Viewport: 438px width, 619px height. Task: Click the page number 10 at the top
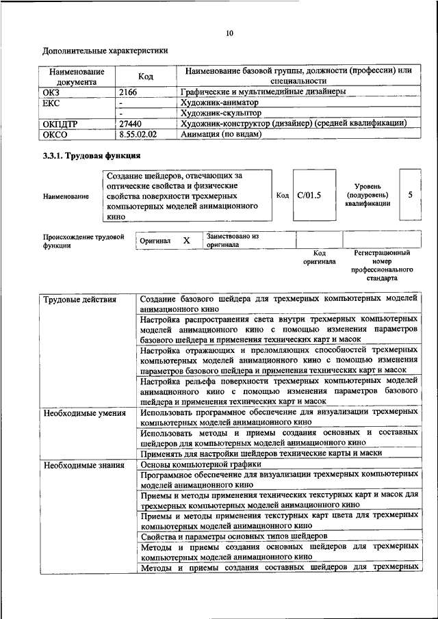pyautogui.click(x=229, y=34)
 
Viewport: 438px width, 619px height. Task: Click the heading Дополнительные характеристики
pyautogui.click(x=105, y=51)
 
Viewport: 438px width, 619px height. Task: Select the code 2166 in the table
pyautogui.click(x=129, y=92)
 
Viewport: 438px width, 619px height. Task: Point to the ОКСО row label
pyautogui.click(x=57, y=135)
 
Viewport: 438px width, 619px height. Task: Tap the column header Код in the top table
pyautogui.click(x=145, y=77)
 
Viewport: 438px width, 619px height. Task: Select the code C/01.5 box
pyautogui.click(x=309, y=195)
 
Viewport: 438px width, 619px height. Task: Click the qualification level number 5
pyautogui.click(x=410, y=195)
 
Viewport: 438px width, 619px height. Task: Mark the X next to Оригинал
pyautogui.click(x=186, y=241)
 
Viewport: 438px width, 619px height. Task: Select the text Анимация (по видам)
pyautogui.click(x=221, y=135)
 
